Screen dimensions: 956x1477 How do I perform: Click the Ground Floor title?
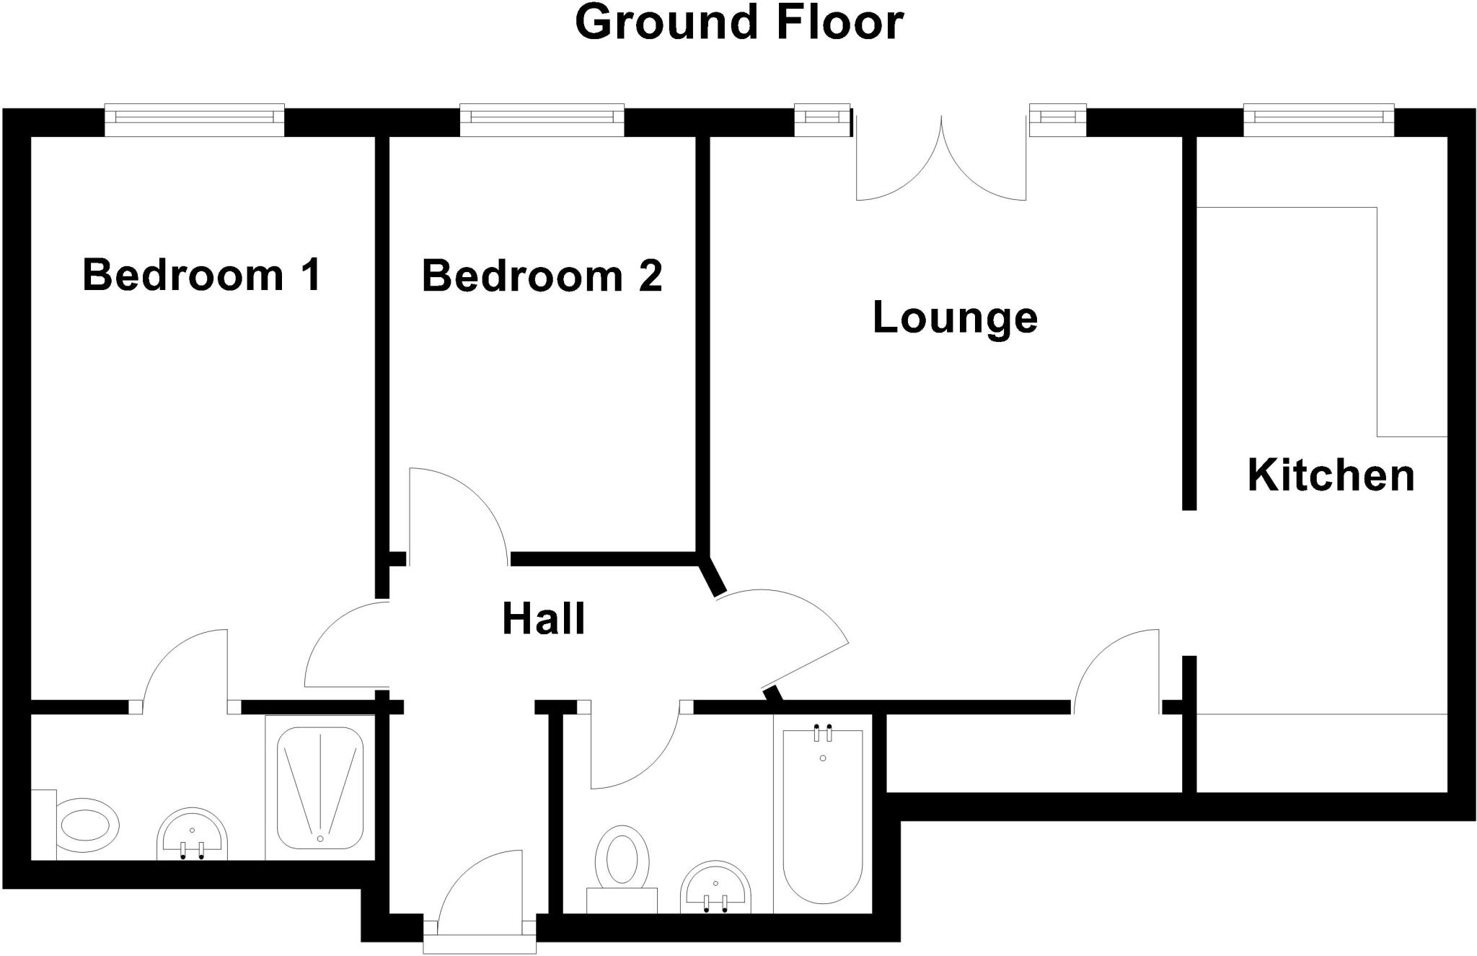(x=738, y=23)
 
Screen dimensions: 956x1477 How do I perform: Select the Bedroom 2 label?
(x=542, y=276)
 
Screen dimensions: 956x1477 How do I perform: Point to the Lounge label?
(x=955, y=317)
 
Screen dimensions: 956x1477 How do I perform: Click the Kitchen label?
(x=1331, y=475)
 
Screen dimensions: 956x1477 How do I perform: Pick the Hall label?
(x=543, y=619)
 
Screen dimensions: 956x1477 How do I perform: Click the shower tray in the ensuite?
(x=320, y=788)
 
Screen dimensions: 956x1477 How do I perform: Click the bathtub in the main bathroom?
(x=822, y=815)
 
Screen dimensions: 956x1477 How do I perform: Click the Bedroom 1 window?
(x=195, y=120)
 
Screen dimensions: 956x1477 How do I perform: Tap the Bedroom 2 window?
(x=542, y=120)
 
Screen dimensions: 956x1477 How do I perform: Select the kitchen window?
(x=1318, y=120)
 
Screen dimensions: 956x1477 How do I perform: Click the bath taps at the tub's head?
(x=823, y=732)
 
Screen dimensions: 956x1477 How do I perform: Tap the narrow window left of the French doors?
(x=822, y=120)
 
